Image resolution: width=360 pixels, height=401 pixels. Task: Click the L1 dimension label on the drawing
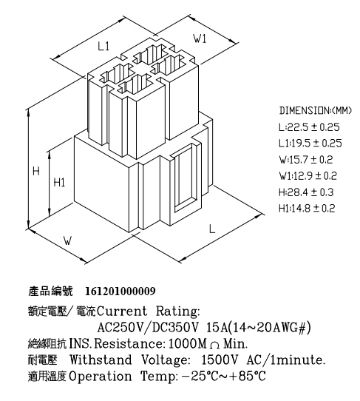(x=103, y=47)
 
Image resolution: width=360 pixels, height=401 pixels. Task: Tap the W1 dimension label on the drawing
(x=200, y=39)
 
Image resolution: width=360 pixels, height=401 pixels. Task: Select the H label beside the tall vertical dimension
(x=36, y=171)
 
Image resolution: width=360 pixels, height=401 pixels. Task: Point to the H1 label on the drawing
(x=59, y=183)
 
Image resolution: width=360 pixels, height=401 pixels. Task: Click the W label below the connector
(x=67, y=240)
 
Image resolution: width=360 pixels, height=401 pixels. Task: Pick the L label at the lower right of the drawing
(x=212, y=229)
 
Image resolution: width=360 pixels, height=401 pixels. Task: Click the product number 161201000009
(x=120, y=291)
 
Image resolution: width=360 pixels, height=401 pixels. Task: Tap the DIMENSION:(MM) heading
(x=316, y=110)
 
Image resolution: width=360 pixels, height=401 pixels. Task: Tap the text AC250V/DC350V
(x=149, y=327)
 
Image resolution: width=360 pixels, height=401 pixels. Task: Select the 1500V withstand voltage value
(x=220, y=360)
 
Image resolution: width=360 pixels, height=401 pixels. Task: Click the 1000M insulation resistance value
(x=187, y=344)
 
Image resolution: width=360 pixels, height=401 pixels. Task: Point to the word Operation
(x=101, y=377)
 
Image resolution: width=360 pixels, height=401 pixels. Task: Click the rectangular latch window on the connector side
(x=185, y=178)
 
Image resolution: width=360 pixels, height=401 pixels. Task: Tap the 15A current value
(x=216, y=327)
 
